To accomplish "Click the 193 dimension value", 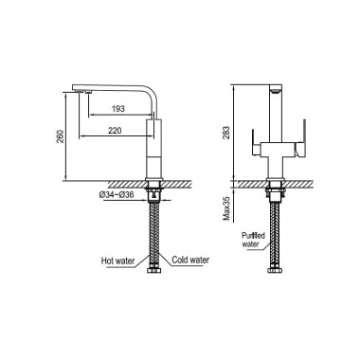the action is tap(118, 109).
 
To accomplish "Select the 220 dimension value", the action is tap(115, 130).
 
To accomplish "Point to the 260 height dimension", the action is tap(60, 135).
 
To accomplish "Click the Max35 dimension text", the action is tap(226, 207).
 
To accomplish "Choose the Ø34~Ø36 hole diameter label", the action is tap(117, 195).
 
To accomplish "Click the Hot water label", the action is tap(117, 261).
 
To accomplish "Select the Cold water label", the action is tap(190, 260).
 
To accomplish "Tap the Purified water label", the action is tap(253, 240).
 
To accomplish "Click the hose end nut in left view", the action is tap(154, 271).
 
